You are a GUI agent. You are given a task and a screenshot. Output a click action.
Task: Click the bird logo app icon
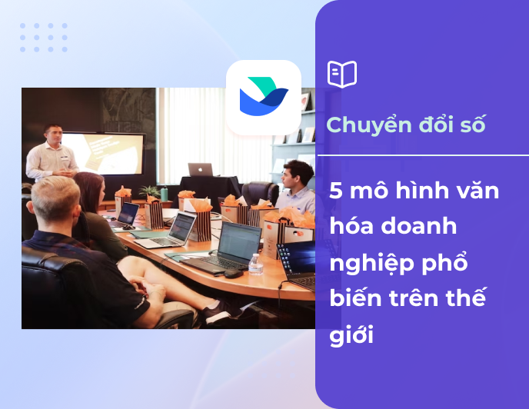[x=263, y=98]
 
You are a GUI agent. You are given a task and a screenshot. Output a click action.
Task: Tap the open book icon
[x=342, y=75]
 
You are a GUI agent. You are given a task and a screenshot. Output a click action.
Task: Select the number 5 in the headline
[x=336, y=191]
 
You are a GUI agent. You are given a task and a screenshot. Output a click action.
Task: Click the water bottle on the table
[x=255, y=264]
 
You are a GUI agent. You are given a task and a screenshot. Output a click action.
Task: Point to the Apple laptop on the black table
[x=201, y=170]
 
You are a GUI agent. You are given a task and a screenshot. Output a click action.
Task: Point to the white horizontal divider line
[x=422, y=155]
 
